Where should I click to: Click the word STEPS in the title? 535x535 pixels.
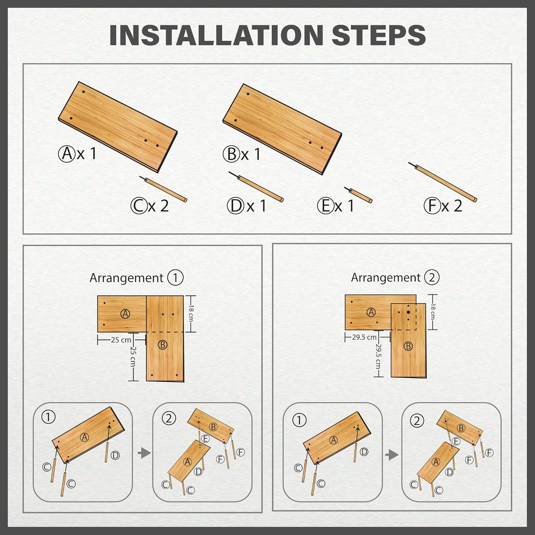pos(379,35)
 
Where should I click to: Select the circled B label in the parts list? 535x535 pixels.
pos(231,154)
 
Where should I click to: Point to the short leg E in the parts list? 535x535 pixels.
pos(358,195)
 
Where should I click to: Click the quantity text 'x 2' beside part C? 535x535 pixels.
pos(158,206)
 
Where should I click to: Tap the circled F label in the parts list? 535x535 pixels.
pos(432,206)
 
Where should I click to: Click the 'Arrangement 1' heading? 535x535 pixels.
pos(136,278)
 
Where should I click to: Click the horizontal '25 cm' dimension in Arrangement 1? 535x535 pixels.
pos(121,340)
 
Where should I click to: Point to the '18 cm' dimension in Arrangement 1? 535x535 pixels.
pos(191,314)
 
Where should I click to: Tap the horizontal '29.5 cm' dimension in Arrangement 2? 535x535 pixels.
pos(364,337)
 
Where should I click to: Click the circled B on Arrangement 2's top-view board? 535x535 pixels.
pos(408,346)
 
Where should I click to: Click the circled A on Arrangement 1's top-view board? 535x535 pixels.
pos(125,314)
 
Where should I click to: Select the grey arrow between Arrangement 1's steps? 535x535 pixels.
pos(144,453)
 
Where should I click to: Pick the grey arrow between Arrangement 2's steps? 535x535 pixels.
pos(392,455)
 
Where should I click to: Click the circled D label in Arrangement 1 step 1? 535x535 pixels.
pos(115,455)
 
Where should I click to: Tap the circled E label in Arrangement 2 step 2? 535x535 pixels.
pos(456,441)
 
